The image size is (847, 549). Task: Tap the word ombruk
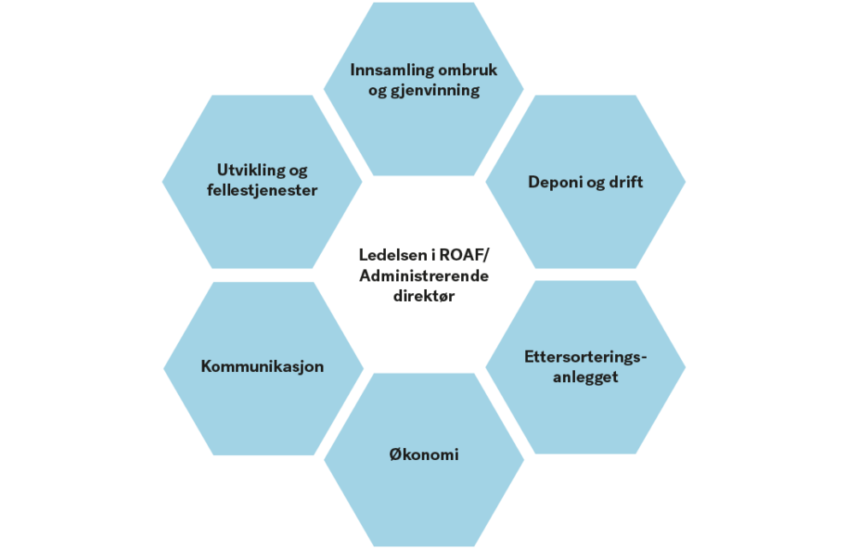[468, 69]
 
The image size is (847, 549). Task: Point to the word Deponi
[556, 182]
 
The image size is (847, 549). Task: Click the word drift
[626, 182]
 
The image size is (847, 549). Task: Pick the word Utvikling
[252, 170]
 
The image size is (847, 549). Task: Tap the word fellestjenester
[262, 190]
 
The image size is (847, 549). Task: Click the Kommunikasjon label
[263, 367]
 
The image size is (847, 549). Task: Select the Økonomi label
[424, 455]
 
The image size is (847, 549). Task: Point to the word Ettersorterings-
[585, 357]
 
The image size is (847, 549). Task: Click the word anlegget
[585, 377]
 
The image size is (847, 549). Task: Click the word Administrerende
[424, 276]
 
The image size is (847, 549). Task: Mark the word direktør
[424, 296]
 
